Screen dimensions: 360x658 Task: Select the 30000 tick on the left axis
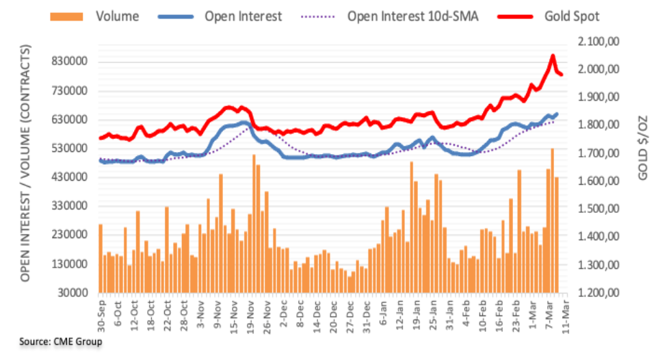point(75,293)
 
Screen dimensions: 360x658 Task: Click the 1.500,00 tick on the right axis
point(598,209)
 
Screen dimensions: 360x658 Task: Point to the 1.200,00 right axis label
point(598,293)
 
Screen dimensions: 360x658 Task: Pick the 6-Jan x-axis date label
point(381,316)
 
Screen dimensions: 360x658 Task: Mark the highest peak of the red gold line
point(553,56)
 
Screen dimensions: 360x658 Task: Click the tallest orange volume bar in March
point(552,219)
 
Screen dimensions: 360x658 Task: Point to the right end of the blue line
point(556,114)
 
